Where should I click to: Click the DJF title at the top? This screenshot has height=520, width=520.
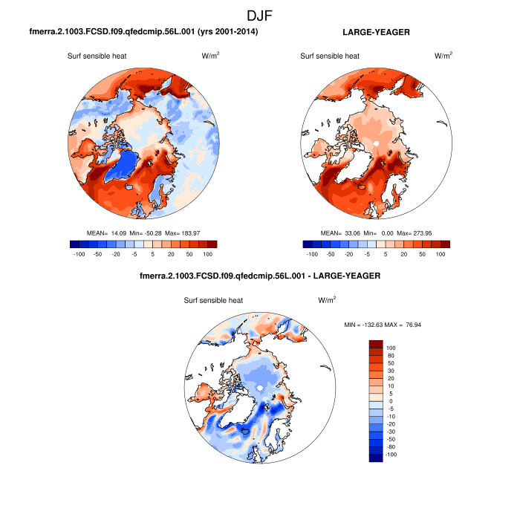(x=260, y=15)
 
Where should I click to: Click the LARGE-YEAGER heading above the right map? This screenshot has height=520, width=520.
(x=377, y=33)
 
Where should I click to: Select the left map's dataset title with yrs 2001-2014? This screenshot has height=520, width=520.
(x=143, y=33)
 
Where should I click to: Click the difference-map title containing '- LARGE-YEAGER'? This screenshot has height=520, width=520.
(x=260, y=276)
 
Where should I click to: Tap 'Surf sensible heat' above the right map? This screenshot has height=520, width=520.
(x=330, y=56)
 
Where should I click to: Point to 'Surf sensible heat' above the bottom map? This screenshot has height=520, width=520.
(x=214, y=300)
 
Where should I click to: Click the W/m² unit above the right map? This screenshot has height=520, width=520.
(x=443, y=56)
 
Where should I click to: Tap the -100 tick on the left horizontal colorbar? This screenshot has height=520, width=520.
(x=76, y=254)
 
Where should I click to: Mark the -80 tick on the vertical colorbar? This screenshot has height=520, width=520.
(x=391, y=446)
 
